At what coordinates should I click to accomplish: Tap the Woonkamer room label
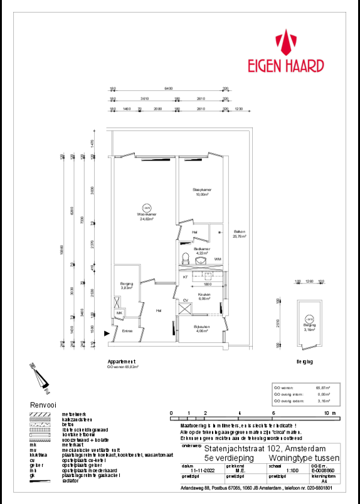click(x=147, y=216)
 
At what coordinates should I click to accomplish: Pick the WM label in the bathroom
click(x=217, y=259)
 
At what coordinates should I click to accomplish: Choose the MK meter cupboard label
click(x=119, y=313)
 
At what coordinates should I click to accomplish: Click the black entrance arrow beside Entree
click(x=107, y=334)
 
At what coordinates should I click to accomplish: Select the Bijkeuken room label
click(x=201, y=328)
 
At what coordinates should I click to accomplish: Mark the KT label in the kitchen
click(x=186, y=276)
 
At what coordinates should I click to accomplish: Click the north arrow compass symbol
click(x=37, y=375)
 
